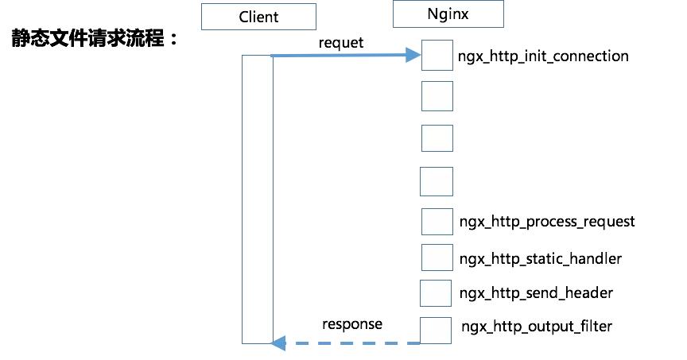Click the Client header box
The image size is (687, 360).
click(x=258, y=17)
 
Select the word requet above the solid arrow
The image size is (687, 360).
click(x=340, y=42)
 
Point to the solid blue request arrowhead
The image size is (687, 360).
click(x=412, y=55)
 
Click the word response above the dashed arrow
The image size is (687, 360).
click(x=351, y=323)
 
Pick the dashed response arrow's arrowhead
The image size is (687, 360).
click(x=278, y=343)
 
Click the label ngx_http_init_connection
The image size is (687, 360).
click(x=543, y=56)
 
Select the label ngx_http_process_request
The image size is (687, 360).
click(x=547, y=221)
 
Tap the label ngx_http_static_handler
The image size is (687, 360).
click(x=541, y=258)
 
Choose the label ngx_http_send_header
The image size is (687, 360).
click(x=536, y=292)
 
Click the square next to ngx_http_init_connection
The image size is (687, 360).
click(x=437, y=56)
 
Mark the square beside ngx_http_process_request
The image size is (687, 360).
click(x=437, y=222)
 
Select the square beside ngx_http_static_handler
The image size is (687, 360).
click(x=437, y=257)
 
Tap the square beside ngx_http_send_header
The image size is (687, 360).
click(x=437, y=292)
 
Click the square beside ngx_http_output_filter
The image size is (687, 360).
click(x=437, y=330)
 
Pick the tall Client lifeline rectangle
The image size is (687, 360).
click(x=257, y=199)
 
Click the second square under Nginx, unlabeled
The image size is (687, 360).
click(x=437, y=95)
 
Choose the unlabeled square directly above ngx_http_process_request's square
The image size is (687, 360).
click(x=437, y=180)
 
